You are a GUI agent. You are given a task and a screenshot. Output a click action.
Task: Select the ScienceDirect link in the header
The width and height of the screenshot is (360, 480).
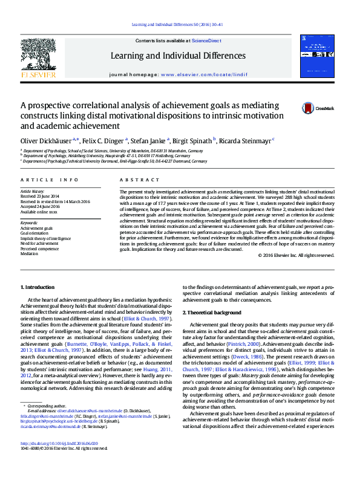(207, 41)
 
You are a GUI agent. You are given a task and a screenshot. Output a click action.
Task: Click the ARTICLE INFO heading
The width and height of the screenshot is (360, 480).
(50, 180)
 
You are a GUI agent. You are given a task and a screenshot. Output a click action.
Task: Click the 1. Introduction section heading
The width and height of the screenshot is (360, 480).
(38, 287)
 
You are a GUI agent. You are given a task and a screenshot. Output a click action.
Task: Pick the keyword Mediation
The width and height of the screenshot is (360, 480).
(29, 254)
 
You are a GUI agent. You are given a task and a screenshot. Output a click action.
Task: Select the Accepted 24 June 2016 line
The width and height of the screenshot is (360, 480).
(41, 206)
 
